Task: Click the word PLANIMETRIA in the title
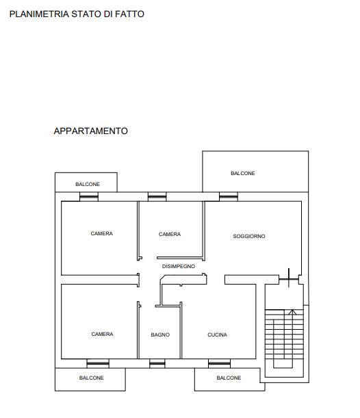39,14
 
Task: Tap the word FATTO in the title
129,14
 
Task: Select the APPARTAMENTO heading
90,131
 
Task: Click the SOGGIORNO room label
249,236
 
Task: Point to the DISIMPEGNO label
179,266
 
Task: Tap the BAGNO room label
160,335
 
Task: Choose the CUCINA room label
218,335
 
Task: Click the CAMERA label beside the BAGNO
102,334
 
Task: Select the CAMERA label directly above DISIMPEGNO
170,234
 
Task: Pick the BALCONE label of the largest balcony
243,173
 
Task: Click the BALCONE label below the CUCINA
229,378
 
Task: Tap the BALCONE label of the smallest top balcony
88,184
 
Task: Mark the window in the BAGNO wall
157,363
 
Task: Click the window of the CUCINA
219,363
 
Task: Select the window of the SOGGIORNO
229,197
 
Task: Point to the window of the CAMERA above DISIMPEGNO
157,197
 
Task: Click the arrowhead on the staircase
292,312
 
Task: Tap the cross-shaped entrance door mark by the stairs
289,279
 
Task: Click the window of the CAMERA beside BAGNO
98,363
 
